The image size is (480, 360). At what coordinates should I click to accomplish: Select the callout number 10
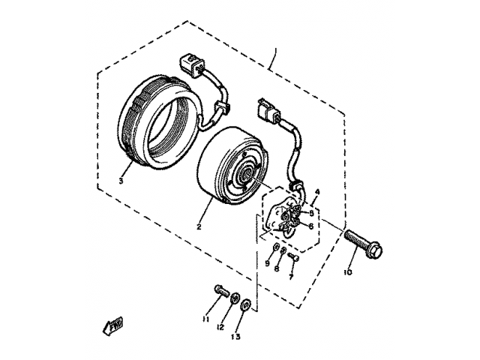347,272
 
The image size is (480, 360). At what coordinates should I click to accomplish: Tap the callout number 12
221,327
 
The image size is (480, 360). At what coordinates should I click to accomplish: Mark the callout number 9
266,263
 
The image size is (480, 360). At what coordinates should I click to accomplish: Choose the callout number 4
317,192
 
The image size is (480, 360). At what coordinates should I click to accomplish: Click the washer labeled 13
246,304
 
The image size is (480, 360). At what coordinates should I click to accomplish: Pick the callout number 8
277,268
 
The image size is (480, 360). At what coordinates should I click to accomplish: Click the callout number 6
310,224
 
